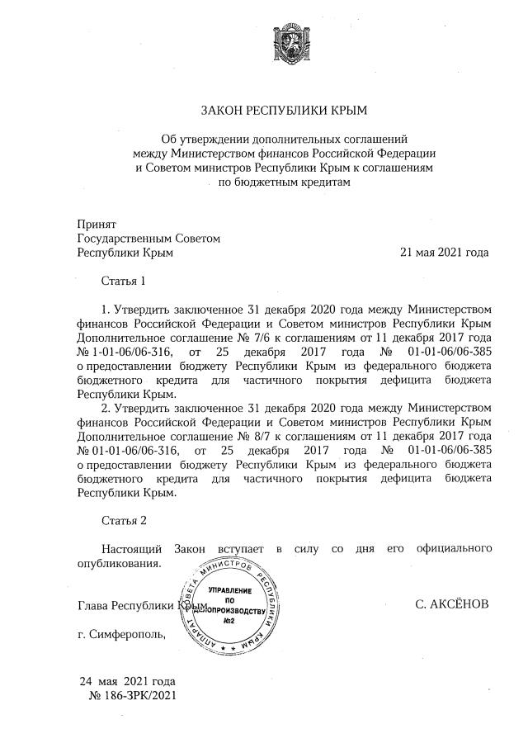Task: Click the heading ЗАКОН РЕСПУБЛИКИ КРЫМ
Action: coord(284,111)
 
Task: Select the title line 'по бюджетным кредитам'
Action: coord(284,182)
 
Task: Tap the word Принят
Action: coord(97,224)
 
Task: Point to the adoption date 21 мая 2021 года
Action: coord(444,253)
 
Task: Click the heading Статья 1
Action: coord(124,281)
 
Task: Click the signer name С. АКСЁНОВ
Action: coord(453,605)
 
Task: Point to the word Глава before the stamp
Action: coord(93,606)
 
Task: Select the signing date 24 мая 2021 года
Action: coord(128,682)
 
